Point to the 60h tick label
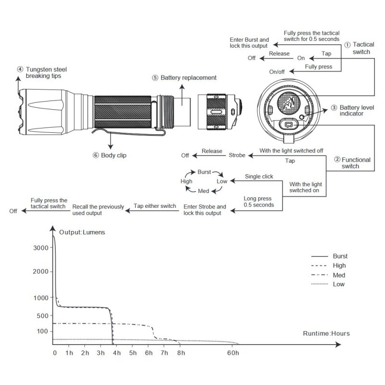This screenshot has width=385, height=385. click(233, 353)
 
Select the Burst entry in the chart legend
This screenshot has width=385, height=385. click(340, 256)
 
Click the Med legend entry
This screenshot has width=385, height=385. click(339, 275)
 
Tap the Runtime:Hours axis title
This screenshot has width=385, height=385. click(326, 333)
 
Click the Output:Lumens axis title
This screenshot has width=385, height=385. click(82, 232)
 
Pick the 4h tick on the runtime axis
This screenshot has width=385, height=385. click(116, 353)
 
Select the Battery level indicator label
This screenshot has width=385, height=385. click(355, 111)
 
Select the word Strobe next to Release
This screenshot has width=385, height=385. click(237, 155)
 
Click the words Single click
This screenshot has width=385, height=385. click(258, 177)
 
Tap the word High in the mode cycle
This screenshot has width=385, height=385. click(186, 181)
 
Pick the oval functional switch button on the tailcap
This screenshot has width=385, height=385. click(290, 125)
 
